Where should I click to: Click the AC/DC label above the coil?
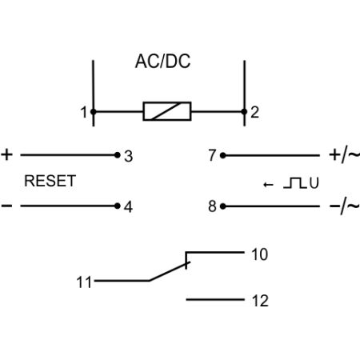pyautogui.click(x=162, y=62)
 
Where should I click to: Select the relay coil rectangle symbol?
pyautogui.click(x=167, y=111)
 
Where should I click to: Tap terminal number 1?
pyautogui.click(x=84, y=112)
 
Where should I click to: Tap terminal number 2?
pyautogui.click(x=254, y=112)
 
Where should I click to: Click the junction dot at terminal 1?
pyautogui.click(x=94, y=112)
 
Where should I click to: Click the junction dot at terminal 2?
pyautogui.click(x=244, y=111)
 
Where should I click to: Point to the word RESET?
pyautogui.click(x=50, y=181)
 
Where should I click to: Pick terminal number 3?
pyautogui.click(x=128, y=157)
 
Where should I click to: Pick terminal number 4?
pyautogui.click(x=128, y=206)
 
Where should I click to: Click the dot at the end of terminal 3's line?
pyautogui.click(x=118, y=155)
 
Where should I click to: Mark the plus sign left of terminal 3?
pyautogui.click(x=7, y=155)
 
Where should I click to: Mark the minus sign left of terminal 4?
pyautogui.click(x=6, y=206)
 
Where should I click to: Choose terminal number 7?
pyautogui.click(x=212, y=155)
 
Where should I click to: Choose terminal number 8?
pyautogui.click(x=212, y=206)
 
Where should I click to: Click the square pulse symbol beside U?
pyautogui.click(x=295, y=183)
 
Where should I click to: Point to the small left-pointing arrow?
pyautogui.click(x=268, y=185)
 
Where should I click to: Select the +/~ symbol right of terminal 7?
pyautogui.click(x=345, y=155)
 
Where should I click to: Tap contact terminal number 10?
pyautogui.click(x=260, y=254)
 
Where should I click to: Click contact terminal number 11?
pyautogui.click(x=84, y=282)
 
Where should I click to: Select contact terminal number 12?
pyautogui.click(x=260, y=301)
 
